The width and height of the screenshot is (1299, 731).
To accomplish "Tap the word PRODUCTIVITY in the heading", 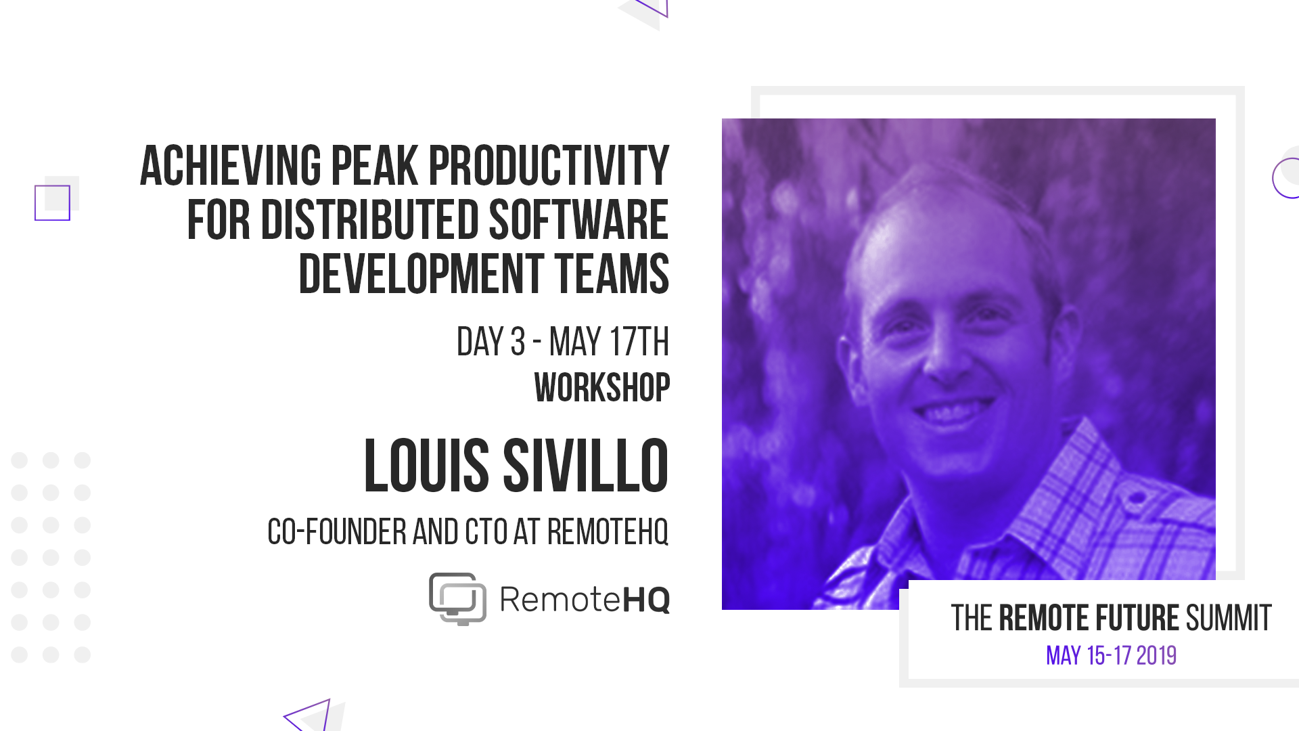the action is (x=549, y=166).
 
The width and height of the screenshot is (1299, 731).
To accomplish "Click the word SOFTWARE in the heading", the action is (x=579, y=220).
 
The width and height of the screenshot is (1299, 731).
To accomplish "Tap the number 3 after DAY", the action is (x=518, y=342).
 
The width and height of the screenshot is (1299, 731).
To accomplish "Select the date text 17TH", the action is (x=639, y=342).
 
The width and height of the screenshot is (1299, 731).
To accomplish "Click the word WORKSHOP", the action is (x=602, y=388).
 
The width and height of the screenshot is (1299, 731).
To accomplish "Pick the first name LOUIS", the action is (x=426, y=466).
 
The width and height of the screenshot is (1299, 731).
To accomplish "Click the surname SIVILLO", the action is (x=586, y=466).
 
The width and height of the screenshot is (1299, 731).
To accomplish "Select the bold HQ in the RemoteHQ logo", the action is (x=645, y=600).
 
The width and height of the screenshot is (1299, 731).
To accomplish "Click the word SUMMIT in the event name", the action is (x=1229, y=619).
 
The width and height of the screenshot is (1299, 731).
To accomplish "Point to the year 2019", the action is (x=1156, y=656).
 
